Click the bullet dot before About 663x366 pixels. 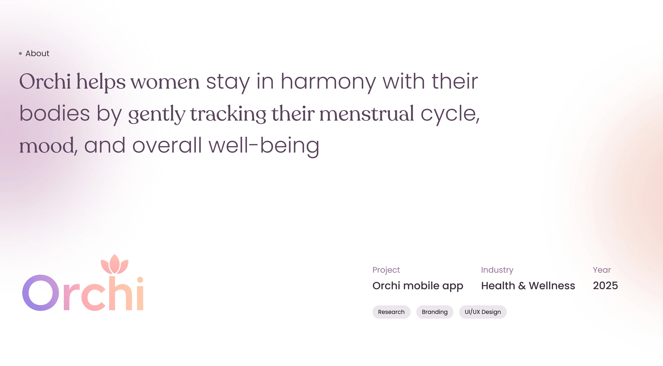[x=20, y=53]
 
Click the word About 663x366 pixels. [x=37, y=53]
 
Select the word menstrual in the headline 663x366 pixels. [x=367, y=113]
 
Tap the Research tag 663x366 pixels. [x=391, y=312]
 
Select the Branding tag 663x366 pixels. [x=435, y=312]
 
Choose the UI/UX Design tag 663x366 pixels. [x=483, y=312]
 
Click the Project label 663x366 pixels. [x=386, y=270]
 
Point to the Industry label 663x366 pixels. [x=497, y=270]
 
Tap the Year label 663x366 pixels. [x=602, y=270]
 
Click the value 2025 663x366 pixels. [x=605, y=286]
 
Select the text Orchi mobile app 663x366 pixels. [x=418, y=286]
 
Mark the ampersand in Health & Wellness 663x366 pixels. [x=522, y=286]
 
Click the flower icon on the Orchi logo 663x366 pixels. [x=115, y=264]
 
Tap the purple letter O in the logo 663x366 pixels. [x=40, y=293]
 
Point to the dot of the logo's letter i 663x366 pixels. [x=140, y=280]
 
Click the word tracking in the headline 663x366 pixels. [x=228, y=114]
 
